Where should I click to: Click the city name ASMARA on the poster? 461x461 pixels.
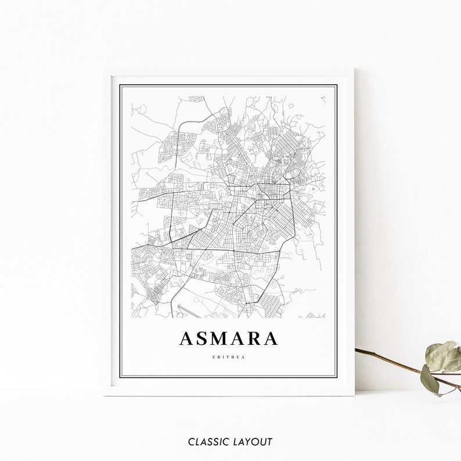229,338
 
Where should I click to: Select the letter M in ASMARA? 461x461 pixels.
222,338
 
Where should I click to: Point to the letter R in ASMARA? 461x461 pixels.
255,338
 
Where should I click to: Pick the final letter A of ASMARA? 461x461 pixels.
271,338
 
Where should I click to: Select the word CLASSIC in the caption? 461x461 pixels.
207,442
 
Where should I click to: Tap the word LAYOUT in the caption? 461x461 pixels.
251,442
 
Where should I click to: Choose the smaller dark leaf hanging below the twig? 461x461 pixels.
430,380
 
